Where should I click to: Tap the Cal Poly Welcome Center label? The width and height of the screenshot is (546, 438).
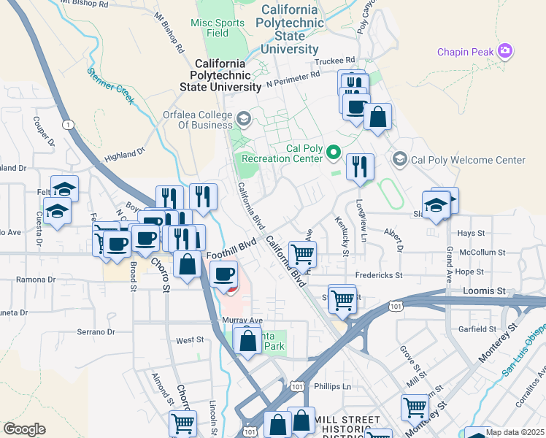click(468, 160)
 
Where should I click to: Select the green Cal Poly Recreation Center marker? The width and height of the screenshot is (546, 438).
click(334, 153)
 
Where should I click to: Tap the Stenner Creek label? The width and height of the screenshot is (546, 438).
click(111, 85)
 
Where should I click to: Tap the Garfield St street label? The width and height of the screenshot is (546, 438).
click(477, 329)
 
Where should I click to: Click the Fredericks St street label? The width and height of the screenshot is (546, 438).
click(379, 276)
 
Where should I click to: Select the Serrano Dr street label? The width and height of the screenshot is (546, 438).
click(96, 331)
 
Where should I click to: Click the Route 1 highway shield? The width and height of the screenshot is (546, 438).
click(68, 125)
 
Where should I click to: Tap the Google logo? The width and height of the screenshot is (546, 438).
click(24, 429)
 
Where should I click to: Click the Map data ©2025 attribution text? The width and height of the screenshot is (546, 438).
click(514, 432)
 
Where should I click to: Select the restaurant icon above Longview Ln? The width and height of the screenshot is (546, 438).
click(360, 167)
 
